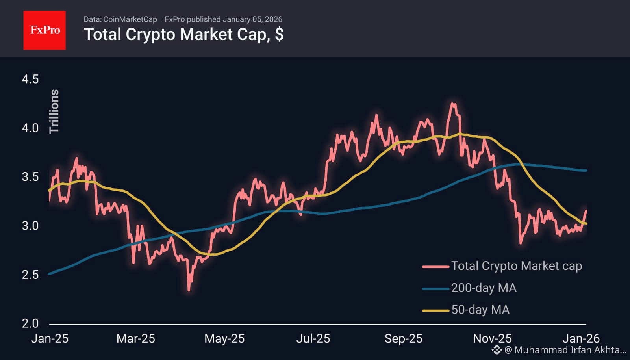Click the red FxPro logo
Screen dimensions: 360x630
(44, 30)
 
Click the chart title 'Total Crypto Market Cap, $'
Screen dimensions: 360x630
(183, 35)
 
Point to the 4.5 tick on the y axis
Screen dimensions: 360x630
(30, 79)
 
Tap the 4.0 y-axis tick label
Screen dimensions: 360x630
(30, 128)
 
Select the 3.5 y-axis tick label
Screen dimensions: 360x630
(30, 177)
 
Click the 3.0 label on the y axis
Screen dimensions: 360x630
(30, 226)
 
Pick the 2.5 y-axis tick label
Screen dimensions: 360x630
(30, 275)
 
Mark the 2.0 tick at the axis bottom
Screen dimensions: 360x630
(30, 323)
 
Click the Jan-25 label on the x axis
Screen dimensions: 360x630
(50, 339)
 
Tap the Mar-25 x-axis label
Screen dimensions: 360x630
(136, 339)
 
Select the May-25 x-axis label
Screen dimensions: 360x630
(224, 339)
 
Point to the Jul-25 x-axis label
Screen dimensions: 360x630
(313, 339)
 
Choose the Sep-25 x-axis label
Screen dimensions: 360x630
(403, 339)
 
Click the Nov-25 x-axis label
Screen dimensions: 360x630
(492, 339)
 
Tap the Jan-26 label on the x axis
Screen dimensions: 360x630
(581, 339)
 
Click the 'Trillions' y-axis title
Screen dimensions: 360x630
(54, 111)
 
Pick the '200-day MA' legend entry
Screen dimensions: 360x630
(484, 288)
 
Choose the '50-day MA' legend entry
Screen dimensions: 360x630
(480, 310)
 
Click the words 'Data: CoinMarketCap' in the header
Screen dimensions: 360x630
(120, 19)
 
